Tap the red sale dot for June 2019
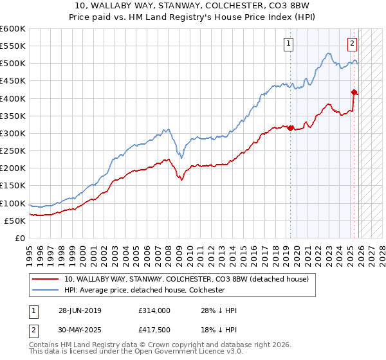click(x=290, y=128)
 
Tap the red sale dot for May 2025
click(x=354, y=92)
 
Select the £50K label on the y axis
click(x=15, y=221)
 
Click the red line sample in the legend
click(x=46, y=279)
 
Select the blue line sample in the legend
click(x=46, y=290)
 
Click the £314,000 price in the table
click(x=154, y=310)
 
